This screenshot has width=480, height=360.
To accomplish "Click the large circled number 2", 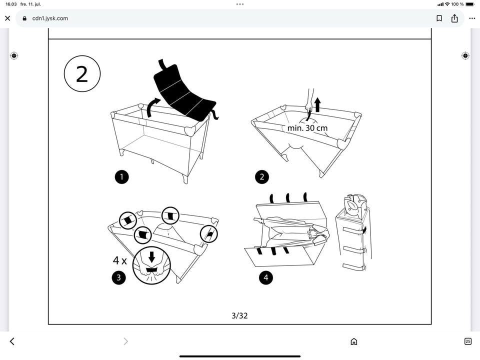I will click(82, 74).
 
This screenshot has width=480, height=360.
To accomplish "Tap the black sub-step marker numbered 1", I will click(121, 176).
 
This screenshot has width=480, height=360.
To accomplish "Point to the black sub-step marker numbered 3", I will click(118, 278).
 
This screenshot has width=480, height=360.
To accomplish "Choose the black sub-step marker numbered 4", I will click(265, 278).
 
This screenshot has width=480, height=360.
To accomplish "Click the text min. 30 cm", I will click(307, 128).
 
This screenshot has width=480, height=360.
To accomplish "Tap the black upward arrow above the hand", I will click(317, 104).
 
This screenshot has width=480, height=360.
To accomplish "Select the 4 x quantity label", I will click(119, 260).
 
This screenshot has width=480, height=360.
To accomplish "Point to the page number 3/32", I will click(239, 315).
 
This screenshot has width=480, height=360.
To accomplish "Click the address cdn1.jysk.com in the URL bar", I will click(50, 18).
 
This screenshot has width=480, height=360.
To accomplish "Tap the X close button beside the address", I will click(7, 18).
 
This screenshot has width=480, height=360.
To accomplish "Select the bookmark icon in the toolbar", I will click(439, 18).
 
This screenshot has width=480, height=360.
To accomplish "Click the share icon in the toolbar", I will click(454, 18).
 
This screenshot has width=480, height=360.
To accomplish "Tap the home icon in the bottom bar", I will click(354, 341).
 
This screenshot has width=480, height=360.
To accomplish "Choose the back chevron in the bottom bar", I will click(12, 341).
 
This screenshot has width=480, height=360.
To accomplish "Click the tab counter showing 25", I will click(467, 341).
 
